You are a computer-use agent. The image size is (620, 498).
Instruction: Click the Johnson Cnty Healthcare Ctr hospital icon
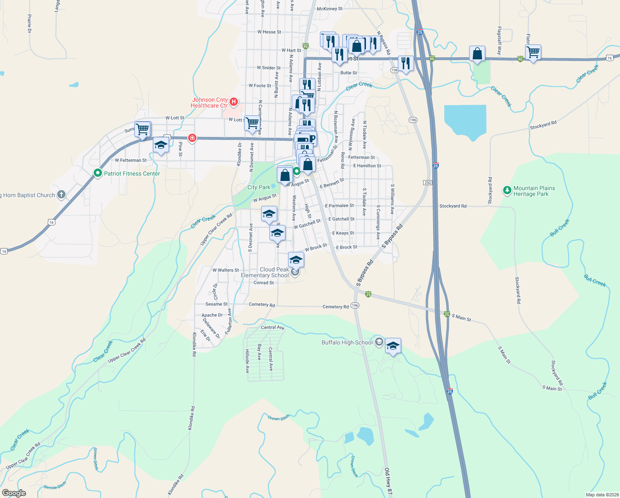coord(234,102)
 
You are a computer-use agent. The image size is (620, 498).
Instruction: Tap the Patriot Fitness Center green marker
coord(98,173)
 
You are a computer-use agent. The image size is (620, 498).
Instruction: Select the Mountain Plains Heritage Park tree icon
coord(507,190)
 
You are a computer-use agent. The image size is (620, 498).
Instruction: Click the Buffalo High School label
coord(347,342)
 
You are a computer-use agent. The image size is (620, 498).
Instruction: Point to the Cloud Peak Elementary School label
coord(265,272)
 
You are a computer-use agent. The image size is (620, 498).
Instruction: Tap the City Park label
coord(259,187)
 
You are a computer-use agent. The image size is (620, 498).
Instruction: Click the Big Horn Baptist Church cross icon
coord(61,195)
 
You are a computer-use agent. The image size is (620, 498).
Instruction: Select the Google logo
coord(14,493)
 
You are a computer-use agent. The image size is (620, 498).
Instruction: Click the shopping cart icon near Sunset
coord(142,129)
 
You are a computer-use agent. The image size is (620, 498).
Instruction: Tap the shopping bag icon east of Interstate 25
coord(477,54)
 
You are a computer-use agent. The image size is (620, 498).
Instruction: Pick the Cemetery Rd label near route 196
coord(336,307)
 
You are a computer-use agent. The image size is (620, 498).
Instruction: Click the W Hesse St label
coord(269,32)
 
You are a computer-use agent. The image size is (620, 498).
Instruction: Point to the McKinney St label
coord(329,9)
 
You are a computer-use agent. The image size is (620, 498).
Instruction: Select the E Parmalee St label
coord(339,205)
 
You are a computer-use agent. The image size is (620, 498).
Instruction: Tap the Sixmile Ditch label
coord(55,486)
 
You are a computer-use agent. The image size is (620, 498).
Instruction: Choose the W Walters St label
coord(225,270)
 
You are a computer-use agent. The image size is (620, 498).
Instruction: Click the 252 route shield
coord(428,183)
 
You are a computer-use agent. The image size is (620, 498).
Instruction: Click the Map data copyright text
coord(602,495)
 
